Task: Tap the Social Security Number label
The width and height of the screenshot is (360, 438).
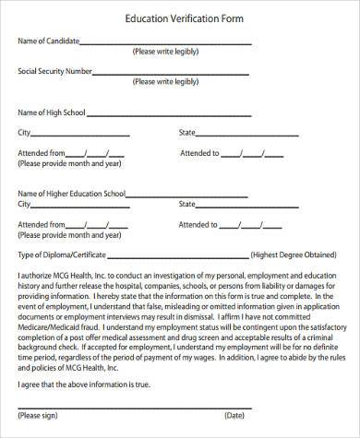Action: pos(54,70)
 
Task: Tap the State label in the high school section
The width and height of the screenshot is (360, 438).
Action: pos(187,133)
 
